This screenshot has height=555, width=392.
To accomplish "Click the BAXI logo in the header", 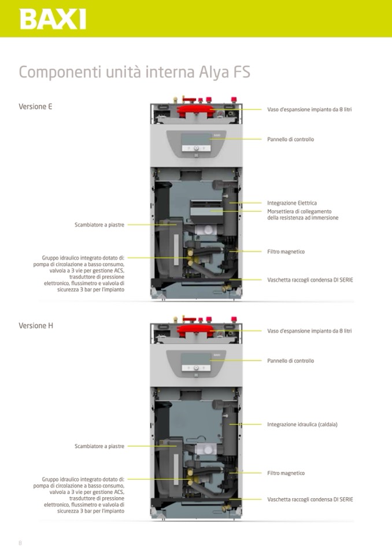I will (53, 19).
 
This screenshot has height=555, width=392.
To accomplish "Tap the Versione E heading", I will (35, 106).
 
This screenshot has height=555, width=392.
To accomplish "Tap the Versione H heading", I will (36, 325).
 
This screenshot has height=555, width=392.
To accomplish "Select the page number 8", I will (20, 543).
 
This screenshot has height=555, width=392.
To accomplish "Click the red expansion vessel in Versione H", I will (195, 331).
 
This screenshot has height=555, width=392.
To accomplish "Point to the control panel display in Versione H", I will (195, 359).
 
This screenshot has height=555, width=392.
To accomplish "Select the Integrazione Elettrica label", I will (292, 203).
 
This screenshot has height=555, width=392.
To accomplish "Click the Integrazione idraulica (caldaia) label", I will (302, 424).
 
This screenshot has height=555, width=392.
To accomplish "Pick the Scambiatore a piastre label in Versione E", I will (99, 225).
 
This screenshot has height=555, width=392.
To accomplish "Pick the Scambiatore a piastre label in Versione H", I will (99, 446).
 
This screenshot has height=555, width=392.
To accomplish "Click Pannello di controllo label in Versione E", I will (290, 139).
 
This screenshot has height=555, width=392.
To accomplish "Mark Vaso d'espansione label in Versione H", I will (309, 331).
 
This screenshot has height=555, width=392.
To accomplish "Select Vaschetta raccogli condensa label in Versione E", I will (310, 280).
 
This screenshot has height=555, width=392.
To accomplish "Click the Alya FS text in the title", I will (225, 73).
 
